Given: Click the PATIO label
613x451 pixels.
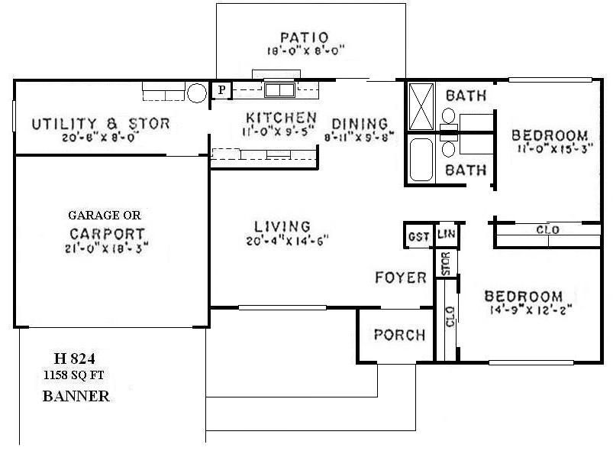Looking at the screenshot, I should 303,37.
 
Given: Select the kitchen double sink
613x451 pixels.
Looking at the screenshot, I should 280,90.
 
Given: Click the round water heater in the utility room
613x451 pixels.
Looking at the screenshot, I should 196,93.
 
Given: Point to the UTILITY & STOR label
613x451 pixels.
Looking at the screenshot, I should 100,124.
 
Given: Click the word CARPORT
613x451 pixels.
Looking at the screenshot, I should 107,233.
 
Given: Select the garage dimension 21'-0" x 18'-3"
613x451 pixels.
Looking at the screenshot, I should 107,248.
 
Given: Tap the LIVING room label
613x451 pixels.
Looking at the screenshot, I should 283,226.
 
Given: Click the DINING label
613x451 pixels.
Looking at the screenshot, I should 359,125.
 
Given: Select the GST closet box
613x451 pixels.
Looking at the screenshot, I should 418,236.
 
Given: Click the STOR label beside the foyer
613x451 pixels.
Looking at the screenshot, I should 447,263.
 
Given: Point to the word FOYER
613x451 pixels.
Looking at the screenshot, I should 400,277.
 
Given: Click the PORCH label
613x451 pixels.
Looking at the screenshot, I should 399,335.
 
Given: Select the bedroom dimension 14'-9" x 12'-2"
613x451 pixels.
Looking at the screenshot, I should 528,311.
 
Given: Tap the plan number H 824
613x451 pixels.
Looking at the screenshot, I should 74,358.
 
